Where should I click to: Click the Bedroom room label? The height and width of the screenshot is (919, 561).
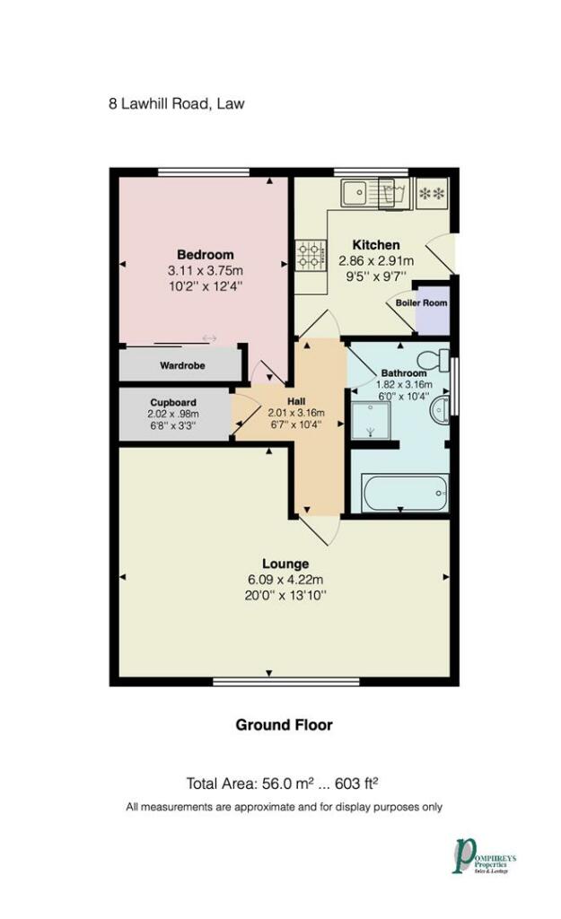click(x=206, y=254)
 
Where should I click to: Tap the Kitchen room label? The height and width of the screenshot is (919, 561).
click(x=376, y=245)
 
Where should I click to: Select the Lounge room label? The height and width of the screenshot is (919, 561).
click(x=285, y=564)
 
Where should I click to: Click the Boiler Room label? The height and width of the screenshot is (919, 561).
click(x=421, y=303)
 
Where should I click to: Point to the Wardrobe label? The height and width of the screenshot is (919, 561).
click(x=182, y=366)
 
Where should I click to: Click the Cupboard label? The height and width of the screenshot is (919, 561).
click(x=173, y=403)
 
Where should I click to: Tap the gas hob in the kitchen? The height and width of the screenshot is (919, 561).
click(x=311, y=256)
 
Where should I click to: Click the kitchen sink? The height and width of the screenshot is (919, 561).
click(x=361, y=192)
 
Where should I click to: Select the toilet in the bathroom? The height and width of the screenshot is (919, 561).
click(x=434, y=359)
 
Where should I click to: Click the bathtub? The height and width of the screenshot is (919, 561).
click(x=405, y=493)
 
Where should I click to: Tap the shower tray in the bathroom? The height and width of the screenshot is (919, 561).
click(x=371, y=420)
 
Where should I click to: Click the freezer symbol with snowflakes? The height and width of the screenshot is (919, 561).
click(x=432, y=194)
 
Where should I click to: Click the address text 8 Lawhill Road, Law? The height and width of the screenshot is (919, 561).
click(x=177, y=104)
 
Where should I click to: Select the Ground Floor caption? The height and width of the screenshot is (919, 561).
click(x=285, y=725)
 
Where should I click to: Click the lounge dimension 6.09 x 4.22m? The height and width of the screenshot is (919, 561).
click(x=285, y=580)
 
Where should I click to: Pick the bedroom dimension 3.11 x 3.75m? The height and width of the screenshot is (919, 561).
click(x=206, y=271)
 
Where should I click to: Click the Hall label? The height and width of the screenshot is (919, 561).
click(x=296, y=401)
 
